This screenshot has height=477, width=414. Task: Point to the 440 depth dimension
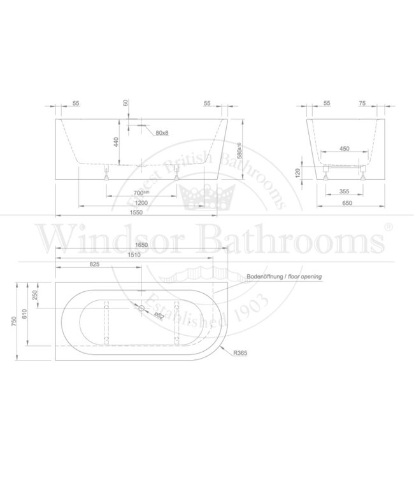point(117,143)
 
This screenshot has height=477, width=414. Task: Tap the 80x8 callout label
point(162,133)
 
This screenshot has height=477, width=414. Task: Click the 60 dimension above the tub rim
point(126,103)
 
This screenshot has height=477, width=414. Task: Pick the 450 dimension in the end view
point(345,149)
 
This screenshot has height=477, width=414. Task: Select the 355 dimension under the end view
point(345,191)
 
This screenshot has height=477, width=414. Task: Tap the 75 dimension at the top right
point(362,103)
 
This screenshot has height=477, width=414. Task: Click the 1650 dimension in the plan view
point(141,245)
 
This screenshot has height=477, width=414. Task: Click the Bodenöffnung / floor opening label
point(284,277)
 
